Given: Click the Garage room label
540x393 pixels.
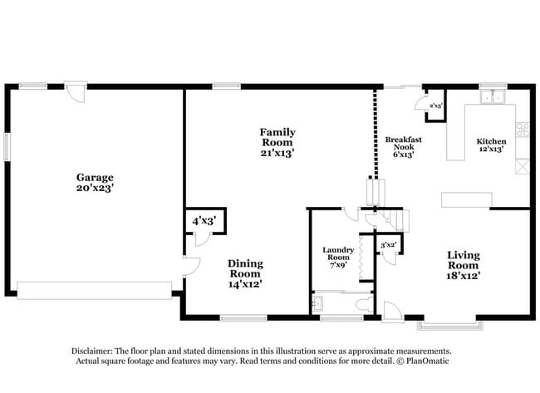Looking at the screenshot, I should click(95, 183).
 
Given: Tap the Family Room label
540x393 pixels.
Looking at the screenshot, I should click(277, 142).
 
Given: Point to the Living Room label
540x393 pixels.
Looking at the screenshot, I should click(464, 264).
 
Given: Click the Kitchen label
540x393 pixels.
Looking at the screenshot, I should click(491, 145).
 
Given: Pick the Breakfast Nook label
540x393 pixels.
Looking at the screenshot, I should click(404, 146).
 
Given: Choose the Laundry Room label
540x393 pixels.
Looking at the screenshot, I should click(339, 258).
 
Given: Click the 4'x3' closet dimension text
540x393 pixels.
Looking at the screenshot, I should click(204, 221).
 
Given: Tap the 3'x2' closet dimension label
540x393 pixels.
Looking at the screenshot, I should click(388, 245).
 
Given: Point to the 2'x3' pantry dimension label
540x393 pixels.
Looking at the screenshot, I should click(435, 106).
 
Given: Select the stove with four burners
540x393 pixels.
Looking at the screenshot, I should click(523, 129).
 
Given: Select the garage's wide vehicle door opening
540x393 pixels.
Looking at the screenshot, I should click(94, 289).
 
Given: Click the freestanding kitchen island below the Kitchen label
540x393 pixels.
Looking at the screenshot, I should click(465, 199).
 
